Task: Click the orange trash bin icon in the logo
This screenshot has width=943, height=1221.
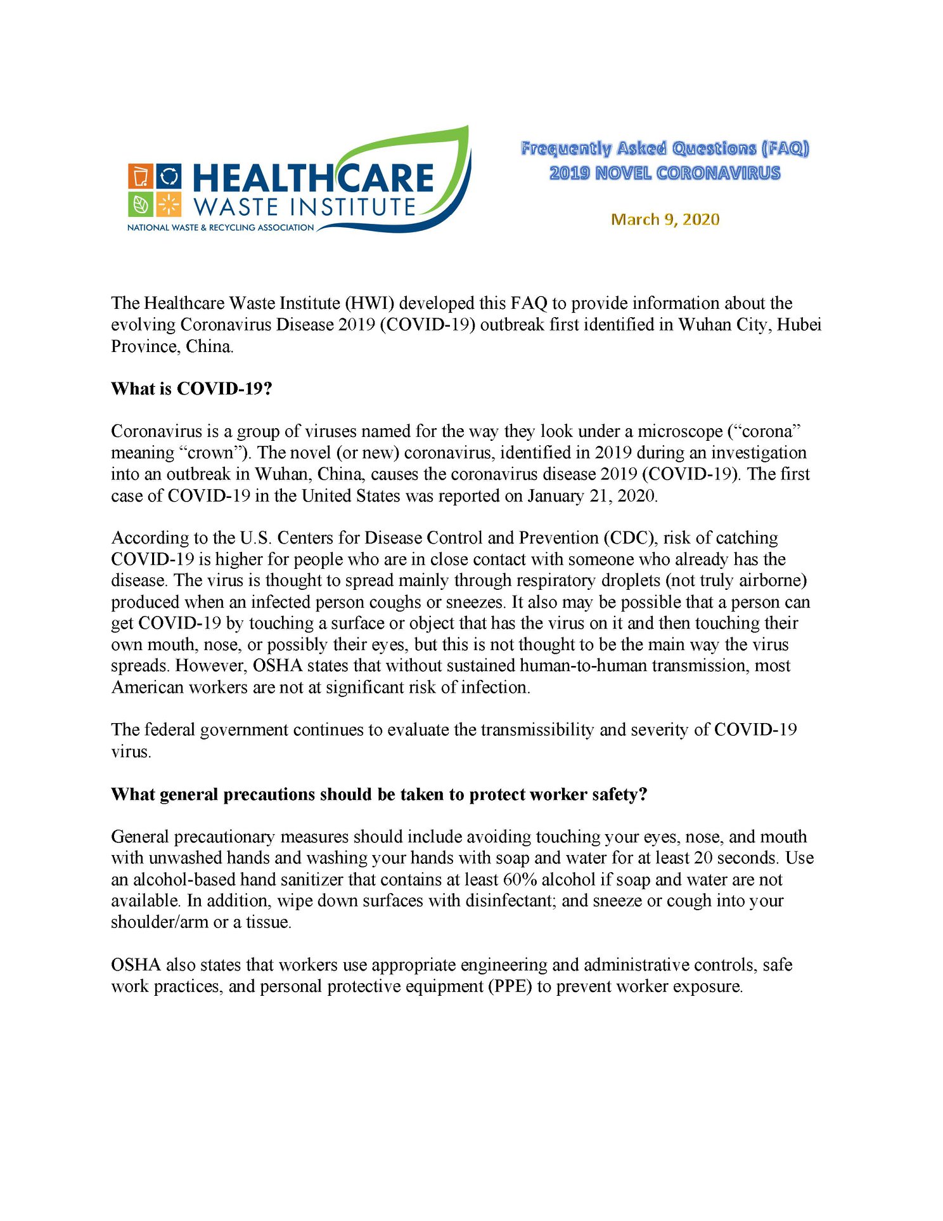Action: click(140, 176)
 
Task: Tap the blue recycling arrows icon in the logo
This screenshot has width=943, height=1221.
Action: click(169, 176)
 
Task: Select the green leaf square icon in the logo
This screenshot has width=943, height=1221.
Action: click(140, 204)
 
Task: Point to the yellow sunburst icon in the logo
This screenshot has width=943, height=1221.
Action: click(169, 204)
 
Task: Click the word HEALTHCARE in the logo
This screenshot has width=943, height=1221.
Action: click(313, 178)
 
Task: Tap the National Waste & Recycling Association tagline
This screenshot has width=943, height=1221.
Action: click(221, 228)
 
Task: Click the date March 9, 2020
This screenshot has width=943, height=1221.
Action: click(665, 219)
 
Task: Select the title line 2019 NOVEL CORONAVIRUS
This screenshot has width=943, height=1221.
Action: click(665, 173)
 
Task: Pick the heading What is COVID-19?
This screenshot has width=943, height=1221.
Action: click(191, 389)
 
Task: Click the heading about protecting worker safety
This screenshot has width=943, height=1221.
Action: click(379, 795)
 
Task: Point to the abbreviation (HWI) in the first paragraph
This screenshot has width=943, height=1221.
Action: click(369, 303)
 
